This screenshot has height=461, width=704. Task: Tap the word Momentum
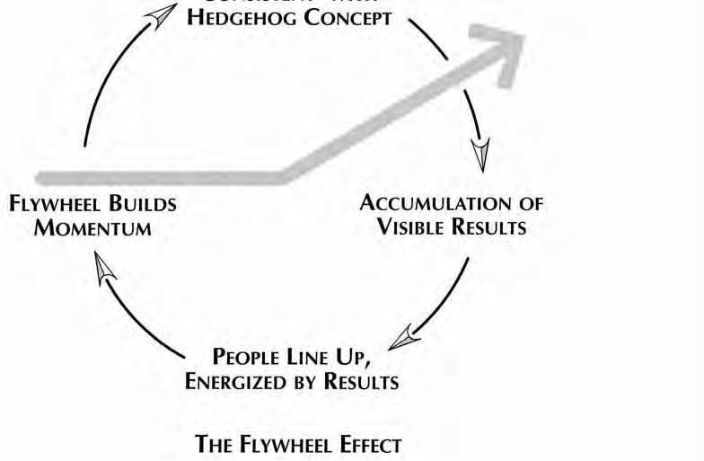click(92, 227)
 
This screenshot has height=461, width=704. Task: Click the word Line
click(329, 356)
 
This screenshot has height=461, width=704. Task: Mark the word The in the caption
click(214, 444)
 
